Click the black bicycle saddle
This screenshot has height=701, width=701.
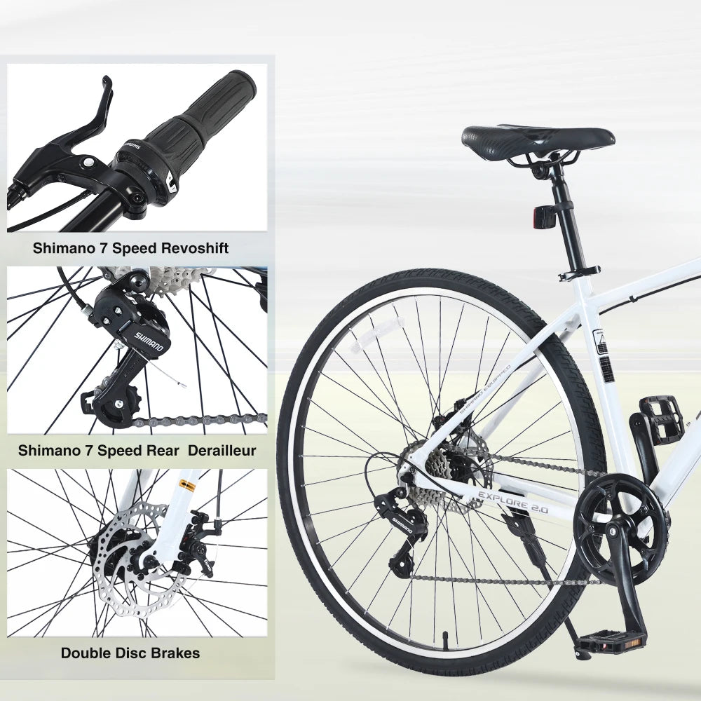tap(538, 136)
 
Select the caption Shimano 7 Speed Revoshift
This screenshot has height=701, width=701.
tap(130, 248)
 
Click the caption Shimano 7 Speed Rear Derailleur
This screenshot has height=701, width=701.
tap(137, 451)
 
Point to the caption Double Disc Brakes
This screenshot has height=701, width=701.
tap(130, 653)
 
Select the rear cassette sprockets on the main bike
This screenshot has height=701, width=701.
tap(438, 466)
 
